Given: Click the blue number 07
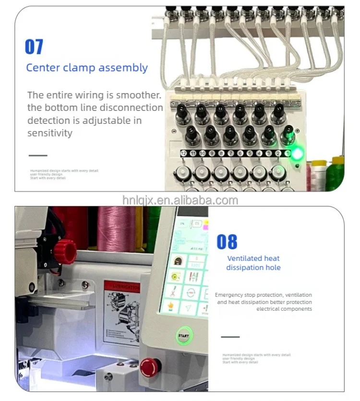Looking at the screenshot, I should [34, 47].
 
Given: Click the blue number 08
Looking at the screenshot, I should [227, 242].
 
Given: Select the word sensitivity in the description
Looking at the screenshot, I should [50, 133].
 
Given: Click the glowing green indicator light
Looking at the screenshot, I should [298, 154].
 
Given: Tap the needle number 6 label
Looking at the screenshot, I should [240, 153].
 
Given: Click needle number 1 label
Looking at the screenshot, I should [288, 153].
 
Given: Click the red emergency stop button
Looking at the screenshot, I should [149, 367].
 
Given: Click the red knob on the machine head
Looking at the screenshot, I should [65, 251].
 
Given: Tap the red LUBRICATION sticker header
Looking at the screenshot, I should [122, 287].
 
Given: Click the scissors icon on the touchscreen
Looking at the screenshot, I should [171, 291].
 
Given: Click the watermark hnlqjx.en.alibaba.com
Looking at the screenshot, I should [180, 200].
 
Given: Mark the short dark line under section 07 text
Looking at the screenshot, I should [38, 155].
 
